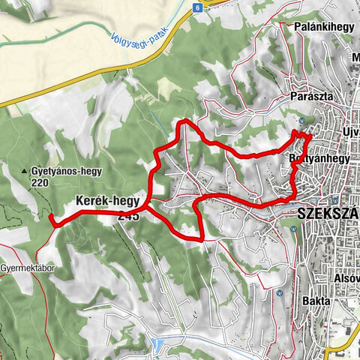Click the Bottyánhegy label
319,159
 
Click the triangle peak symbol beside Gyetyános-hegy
25,170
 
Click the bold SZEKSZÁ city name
328,213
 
